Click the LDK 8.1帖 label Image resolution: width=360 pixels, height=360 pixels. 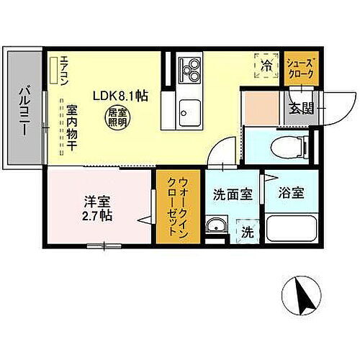click(x=119, y=94)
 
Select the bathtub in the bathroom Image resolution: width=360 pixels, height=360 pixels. click(x=292, y=230)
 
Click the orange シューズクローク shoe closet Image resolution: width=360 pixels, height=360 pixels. click(x=298, y=68)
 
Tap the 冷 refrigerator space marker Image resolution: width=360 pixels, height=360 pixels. click(x=266, y=66)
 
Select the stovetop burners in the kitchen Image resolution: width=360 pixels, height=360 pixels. click(x=192, y=69)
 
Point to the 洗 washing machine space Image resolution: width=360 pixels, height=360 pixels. click(x=247, y=232)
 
